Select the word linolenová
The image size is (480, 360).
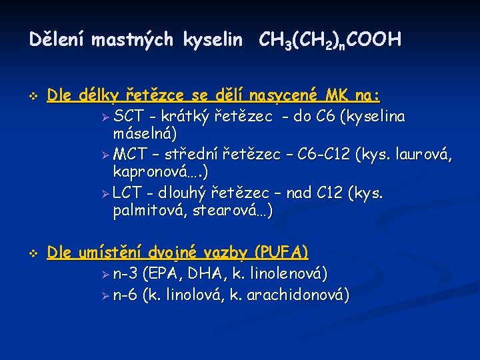coord(288,273)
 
